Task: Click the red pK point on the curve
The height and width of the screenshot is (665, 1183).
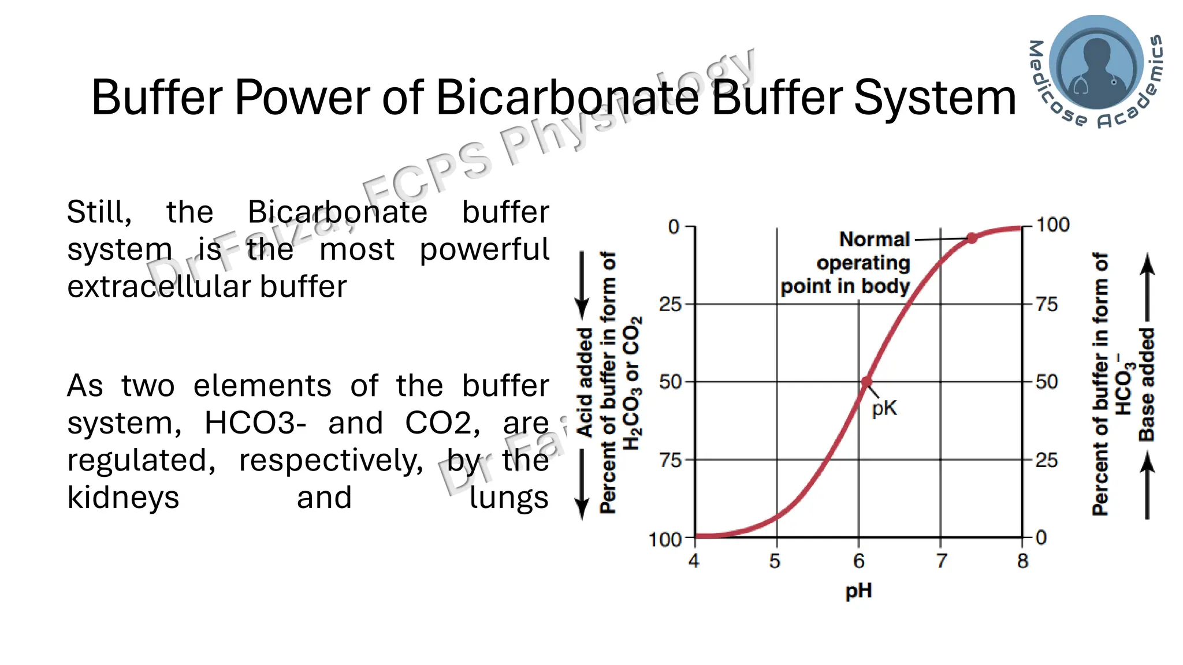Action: click(x=866, y=382)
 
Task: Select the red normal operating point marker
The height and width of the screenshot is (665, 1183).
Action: click(x=972, y=238)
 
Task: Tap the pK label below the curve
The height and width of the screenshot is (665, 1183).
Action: click(x=884, y=409)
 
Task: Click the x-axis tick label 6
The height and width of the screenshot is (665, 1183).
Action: click(x=859, y=561)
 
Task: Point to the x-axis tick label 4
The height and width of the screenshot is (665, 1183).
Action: click(x=694, y=561)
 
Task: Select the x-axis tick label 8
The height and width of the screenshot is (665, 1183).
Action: click(x=1023, y=561)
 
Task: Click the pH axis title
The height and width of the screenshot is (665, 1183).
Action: click(x=858, y=591)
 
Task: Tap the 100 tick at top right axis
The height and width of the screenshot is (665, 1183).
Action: click(x=1052, y=225)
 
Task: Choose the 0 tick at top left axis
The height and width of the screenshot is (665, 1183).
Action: click(x=674, y=227)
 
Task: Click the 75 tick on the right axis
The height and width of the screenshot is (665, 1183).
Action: click(x=1047, y=304)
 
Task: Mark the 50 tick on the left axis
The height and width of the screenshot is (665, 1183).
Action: click(x=671, y=382)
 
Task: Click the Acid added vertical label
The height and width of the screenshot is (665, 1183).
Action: click(x=585, y=382)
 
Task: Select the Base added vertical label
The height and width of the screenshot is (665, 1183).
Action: click(x=1147, y=384)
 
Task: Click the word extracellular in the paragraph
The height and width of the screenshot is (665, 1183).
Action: click(x=162, y=287)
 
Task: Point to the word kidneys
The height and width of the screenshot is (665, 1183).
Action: click(x=123, y=498)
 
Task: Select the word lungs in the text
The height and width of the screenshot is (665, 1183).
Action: click(x=508, y=498)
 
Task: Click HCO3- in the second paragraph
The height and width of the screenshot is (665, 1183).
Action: click(x=255, y=423)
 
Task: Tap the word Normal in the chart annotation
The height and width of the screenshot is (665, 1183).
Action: click(x=874, y=239)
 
